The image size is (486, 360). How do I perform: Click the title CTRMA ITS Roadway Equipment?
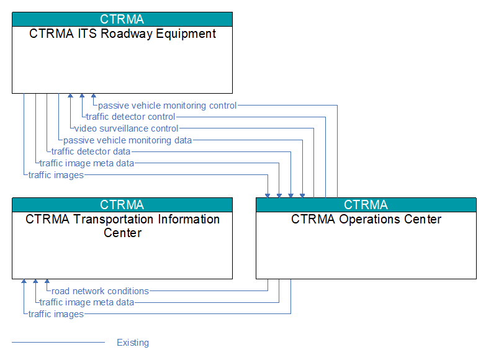coord(122,34)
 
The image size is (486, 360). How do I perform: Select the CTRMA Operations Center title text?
coord(366,219)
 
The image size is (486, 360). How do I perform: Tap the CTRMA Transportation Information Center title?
coord(122,226)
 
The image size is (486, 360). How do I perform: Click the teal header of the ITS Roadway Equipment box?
coord(122,19)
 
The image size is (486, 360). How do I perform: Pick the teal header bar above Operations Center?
coord(366,205)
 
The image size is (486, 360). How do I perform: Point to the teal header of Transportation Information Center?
coord(122,205)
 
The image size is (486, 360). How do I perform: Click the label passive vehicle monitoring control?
coord(168,106)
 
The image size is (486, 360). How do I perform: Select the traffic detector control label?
coord(130,117)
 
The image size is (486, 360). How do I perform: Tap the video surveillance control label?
coord(126,128)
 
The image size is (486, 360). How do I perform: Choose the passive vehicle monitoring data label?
coord(127,140)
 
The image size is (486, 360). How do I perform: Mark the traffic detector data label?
coord(91,151)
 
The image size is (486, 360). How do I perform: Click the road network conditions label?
coord(100,291)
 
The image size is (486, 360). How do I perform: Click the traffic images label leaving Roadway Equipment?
coord(56,175)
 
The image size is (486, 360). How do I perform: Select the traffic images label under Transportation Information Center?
coord(56,314)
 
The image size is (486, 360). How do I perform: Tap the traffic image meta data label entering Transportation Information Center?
coord(87,302)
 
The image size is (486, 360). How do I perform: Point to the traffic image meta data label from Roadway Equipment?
coord(87,163)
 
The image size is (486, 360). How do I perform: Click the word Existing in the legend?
coord(133,343)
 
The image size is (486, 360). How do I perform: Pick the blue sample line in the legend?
coord(58,343)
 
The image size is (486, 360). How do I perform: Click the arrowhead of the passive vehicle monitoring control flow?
coord(94,96)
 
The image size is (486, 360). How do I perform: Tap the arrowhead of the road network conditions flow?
coord(47,281)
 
